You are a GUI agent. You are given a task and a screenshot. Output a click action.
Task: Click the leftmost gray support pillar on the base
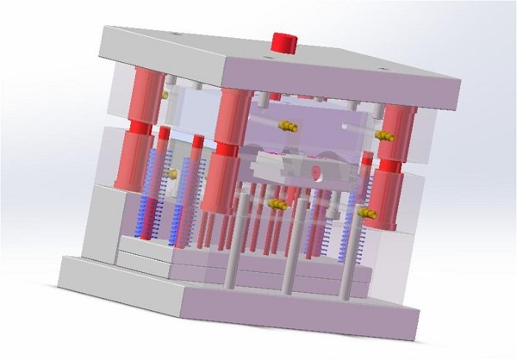click(232, 250)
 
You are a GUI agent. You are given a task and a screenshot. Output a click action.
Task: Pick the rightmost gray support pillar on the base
click(349, 258)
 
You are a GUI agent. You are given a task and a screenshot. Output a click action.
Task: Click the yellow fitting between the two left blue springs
click(171, 173)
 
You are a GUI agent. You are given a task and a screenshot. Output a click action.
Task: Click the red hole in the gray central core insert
click(315, 172)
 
